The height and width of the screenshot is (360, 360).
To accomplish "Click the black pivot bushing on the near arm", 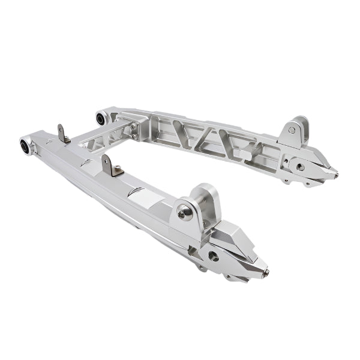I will click(26, 145).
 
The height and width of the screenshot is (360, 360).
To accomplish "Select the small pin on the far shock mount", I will click(292, 130).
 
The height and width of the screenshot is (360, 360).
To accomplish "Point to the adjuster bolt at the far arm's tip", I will click(335, 176).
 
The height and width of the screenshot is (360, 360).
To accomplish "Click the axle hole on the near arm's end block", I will click(214, 256).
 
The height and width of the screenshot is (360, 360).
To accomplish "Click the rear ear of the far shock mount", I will click(303, 126).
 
